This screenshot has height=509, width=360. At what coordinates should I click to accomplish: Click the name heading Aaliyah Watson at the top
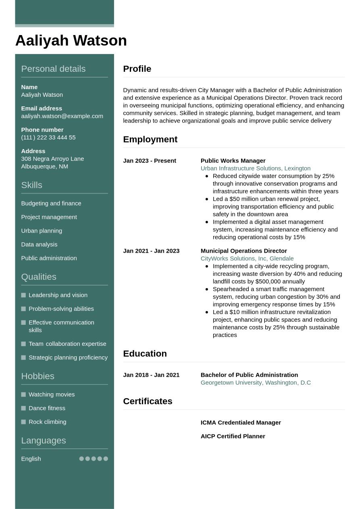point(71,41)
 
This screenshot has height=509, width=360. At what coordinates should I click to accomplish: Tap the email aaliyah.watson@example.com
point(62,116)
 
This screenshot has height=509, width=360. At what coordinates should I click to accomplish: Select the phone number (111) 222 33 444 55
point(48,137)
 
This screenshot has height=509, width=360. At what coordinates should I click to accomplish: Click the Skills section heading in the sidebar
point(31,185)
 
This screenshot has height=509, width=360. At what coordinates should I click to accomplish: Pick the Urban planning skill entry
point(42,231)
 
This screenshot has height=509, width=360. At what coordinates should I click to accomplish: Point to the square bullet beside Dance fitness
point(23,408)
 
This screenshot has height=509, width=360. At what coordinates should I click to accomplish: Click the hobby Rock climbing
point(47,422)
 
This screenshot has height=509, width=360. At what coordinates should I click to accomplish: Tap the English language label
point(31,459)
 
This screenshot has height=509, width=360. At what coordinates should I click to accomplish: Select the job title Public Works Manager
point(233,161)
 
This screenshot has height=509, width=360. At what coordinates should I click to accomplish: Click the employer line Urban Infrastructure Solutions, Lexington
point(256,168)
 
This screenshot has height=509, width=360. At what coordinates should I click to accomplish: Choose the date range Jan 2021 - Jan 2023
point(151,251)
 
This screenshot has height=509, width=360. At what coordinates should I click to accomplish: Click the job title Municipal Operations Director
point(244,251)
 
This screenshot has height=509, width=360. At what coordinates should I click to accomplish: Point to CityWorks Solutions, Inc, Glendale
point(247,259)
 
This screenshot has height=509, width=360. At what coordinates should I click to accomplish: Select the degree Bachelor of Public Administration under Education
point(249,375)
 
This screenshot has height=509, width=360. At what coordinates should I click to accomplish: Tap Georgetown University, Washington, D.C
point(256,383)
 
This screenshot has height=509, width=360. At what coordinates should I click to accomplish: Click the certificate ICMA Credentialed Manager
point(241,423)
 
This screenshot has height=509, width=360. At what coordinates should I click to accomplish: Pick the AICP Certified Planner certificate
point(233,436)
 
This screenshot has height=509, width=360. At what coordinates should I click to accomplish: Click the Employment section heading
point(150,139)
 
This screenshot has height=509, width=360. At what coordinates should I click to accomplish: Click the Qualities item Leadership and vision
point(58,295)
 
